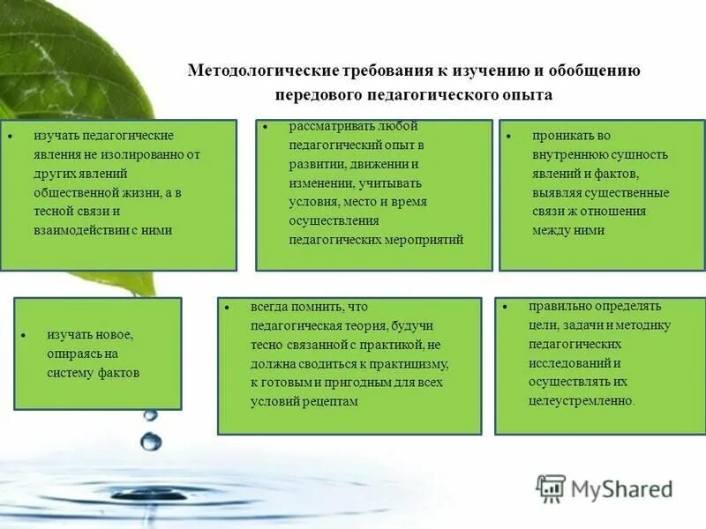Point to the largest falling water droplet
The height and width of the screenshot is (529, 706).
pyautogui.click(x=151, y=441)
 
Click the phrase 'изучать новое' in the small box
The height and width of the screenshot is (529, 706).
pyautogui.click(x=89, y=335)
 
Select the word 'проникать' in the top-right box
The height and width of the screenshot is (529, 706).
pyautogui.click(x=559, y=136)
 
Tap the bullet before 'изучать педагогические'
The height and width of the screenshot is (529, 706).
pyautogui.click(x=11, y=138)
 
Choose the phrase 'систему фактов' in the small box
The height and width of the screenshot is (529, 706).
pyautogui.click(x=94, y=372)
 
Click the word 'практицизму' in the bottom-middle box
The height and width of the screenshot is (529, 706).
pyautogui.click(x=416, y=363)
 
